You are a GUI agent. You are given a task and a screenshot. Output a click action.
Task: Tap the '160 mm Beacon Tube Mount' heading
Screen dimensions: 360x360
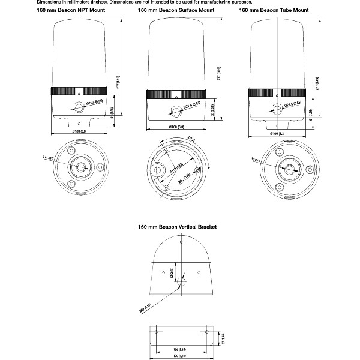coord(274,11)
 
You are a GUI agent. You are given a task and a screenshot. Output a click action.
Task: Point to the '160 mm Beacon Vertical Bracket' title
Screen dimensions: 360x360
coord(177,227)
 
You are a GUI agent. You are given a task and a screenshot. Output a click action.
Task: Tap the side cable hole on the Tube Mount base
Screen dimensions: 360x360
coord(277,109)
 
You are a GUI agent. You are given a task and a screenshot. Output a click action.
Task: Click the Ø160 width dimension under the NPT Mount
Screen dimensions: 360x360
coord(79,131)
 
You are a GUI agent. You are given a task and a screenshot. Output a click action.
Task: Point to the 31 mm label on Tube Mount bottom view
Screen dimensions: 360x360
coord(256,160)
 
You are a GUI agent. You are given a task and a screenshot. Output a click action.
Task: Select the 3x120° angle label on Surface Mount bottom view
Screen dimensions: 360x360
coord(191,139)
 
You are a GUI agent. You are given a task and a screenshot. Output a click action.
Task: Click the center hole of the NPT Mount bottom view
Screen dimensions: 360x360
coord(79,166)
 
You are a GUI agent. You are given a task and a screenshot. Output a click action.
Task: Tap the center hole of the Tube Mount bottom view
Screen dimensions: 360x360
coord(290,169)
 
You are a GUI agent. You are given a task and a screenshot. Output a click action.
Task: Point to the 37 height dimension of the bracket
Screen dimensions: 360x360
coord(223,337)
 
